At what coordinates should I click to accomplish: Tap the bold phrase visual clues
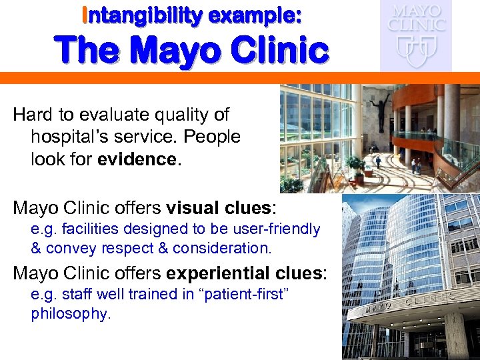pos(211,208)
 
